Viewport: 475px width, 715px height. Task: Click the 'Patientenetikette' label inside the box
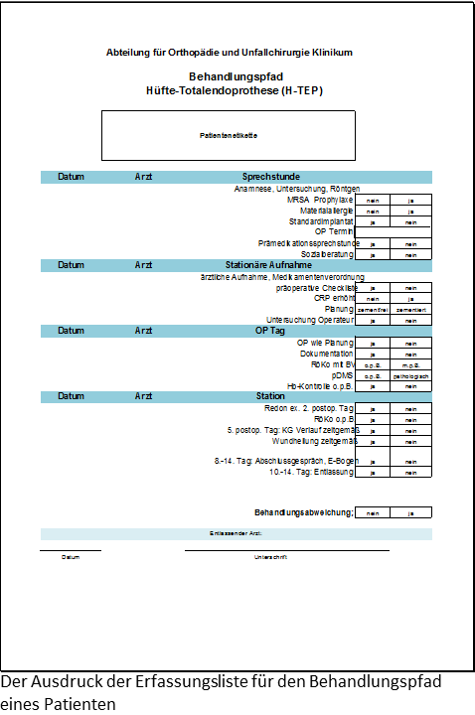pyautogui.click(x=230, y=134)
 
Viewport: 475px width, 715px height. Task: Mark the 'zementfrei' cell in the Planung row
pyautogui.click(x=373, y=310)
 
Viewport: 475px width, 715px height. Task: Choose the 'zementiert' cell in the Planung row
pyautogui.click(x=410, y=310)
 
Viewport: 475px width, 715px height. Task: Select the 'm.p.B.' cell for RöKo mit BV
pyautogui.click(x=410, y=364)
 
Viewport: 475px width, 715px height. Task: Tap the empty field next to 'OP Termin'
pyautogui.click(x=393, y=232)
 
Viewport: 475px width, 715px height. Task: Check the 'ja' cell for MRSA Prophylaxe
pyautogui.click(x=410, y=200)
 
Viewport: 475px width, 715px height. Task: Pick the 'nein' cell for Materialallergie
pyautogui.click(x=373, y=211)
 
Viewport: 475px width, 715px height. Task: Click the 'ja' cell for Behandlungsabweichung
pyautogui.click(x=410, y=512)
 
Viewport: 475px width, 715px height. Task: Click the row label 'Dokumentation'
pyautogui.click(x=327, y=354)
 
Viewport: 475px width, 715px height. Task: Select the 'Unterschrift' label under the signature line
pyautogui.click(x=270, y=557)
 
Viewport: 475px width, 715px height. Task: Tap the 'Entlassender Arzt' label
pyautogui.click(x=236, y=534)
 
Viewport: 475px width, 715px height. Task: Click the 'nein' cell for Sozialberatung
pyautogui.click(x=410, y=255)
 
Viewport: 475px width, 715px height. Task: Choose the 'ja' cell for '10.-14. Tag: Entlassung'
pyautogui.click(x=373, y=473)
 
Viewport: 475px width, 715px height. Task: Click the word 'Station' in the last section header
pyautogui.click(x=256, y=396)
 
